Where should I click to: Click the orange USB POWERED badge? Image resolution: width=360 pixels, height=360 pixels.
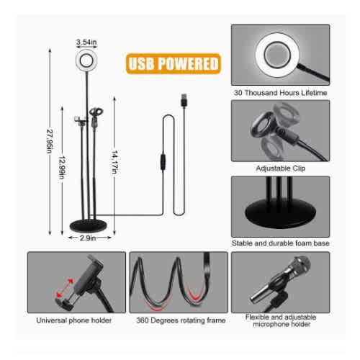174,63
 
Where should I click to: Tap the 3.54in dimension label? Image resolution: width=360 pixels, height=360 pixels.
86,42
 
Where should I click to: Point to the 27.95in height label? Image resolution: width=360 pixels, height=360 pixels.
50,141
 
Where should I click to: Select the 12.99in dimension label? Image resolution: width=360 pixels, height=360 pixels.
62,167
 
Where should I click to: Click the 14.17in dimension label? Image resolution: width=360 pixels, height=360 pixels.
114,162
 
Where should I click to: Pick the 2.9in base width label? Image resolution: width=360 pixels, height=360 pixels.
88,238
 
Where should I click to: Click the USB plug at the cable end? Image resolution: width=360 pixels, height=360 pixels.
184,100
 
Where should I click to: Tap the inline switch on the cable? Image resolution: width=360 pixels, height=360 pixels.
163,162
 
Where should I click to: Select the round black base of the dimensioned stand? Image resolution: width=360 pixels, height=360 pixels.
88,226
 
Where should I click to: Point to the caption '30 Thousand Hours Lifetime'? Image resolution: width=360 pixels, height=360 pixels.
280,93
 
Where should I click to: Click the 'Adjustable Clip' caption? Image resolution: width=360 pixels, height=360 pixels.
281,168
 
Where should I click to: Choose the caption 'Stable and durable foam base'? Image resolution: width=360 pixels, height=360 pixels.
280,243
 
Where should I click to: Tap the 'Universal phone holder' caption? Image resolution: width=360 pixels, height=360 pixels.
74,320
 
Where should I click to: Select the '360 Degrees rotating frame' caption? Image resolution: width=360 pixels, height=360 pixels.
181,320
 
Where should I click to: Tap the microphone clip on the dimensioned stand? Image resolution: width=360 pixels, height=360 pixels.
95,115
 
